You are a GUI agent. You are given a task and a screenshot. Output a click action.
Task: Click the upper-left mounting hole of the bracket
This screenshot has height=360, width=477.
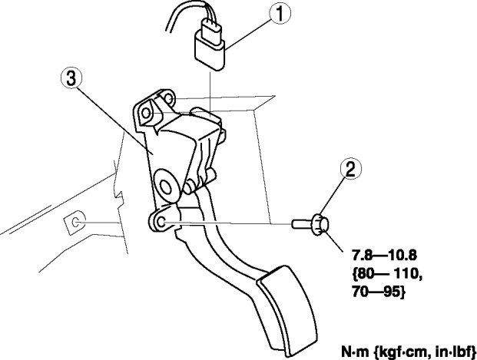tap(146, 111)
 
